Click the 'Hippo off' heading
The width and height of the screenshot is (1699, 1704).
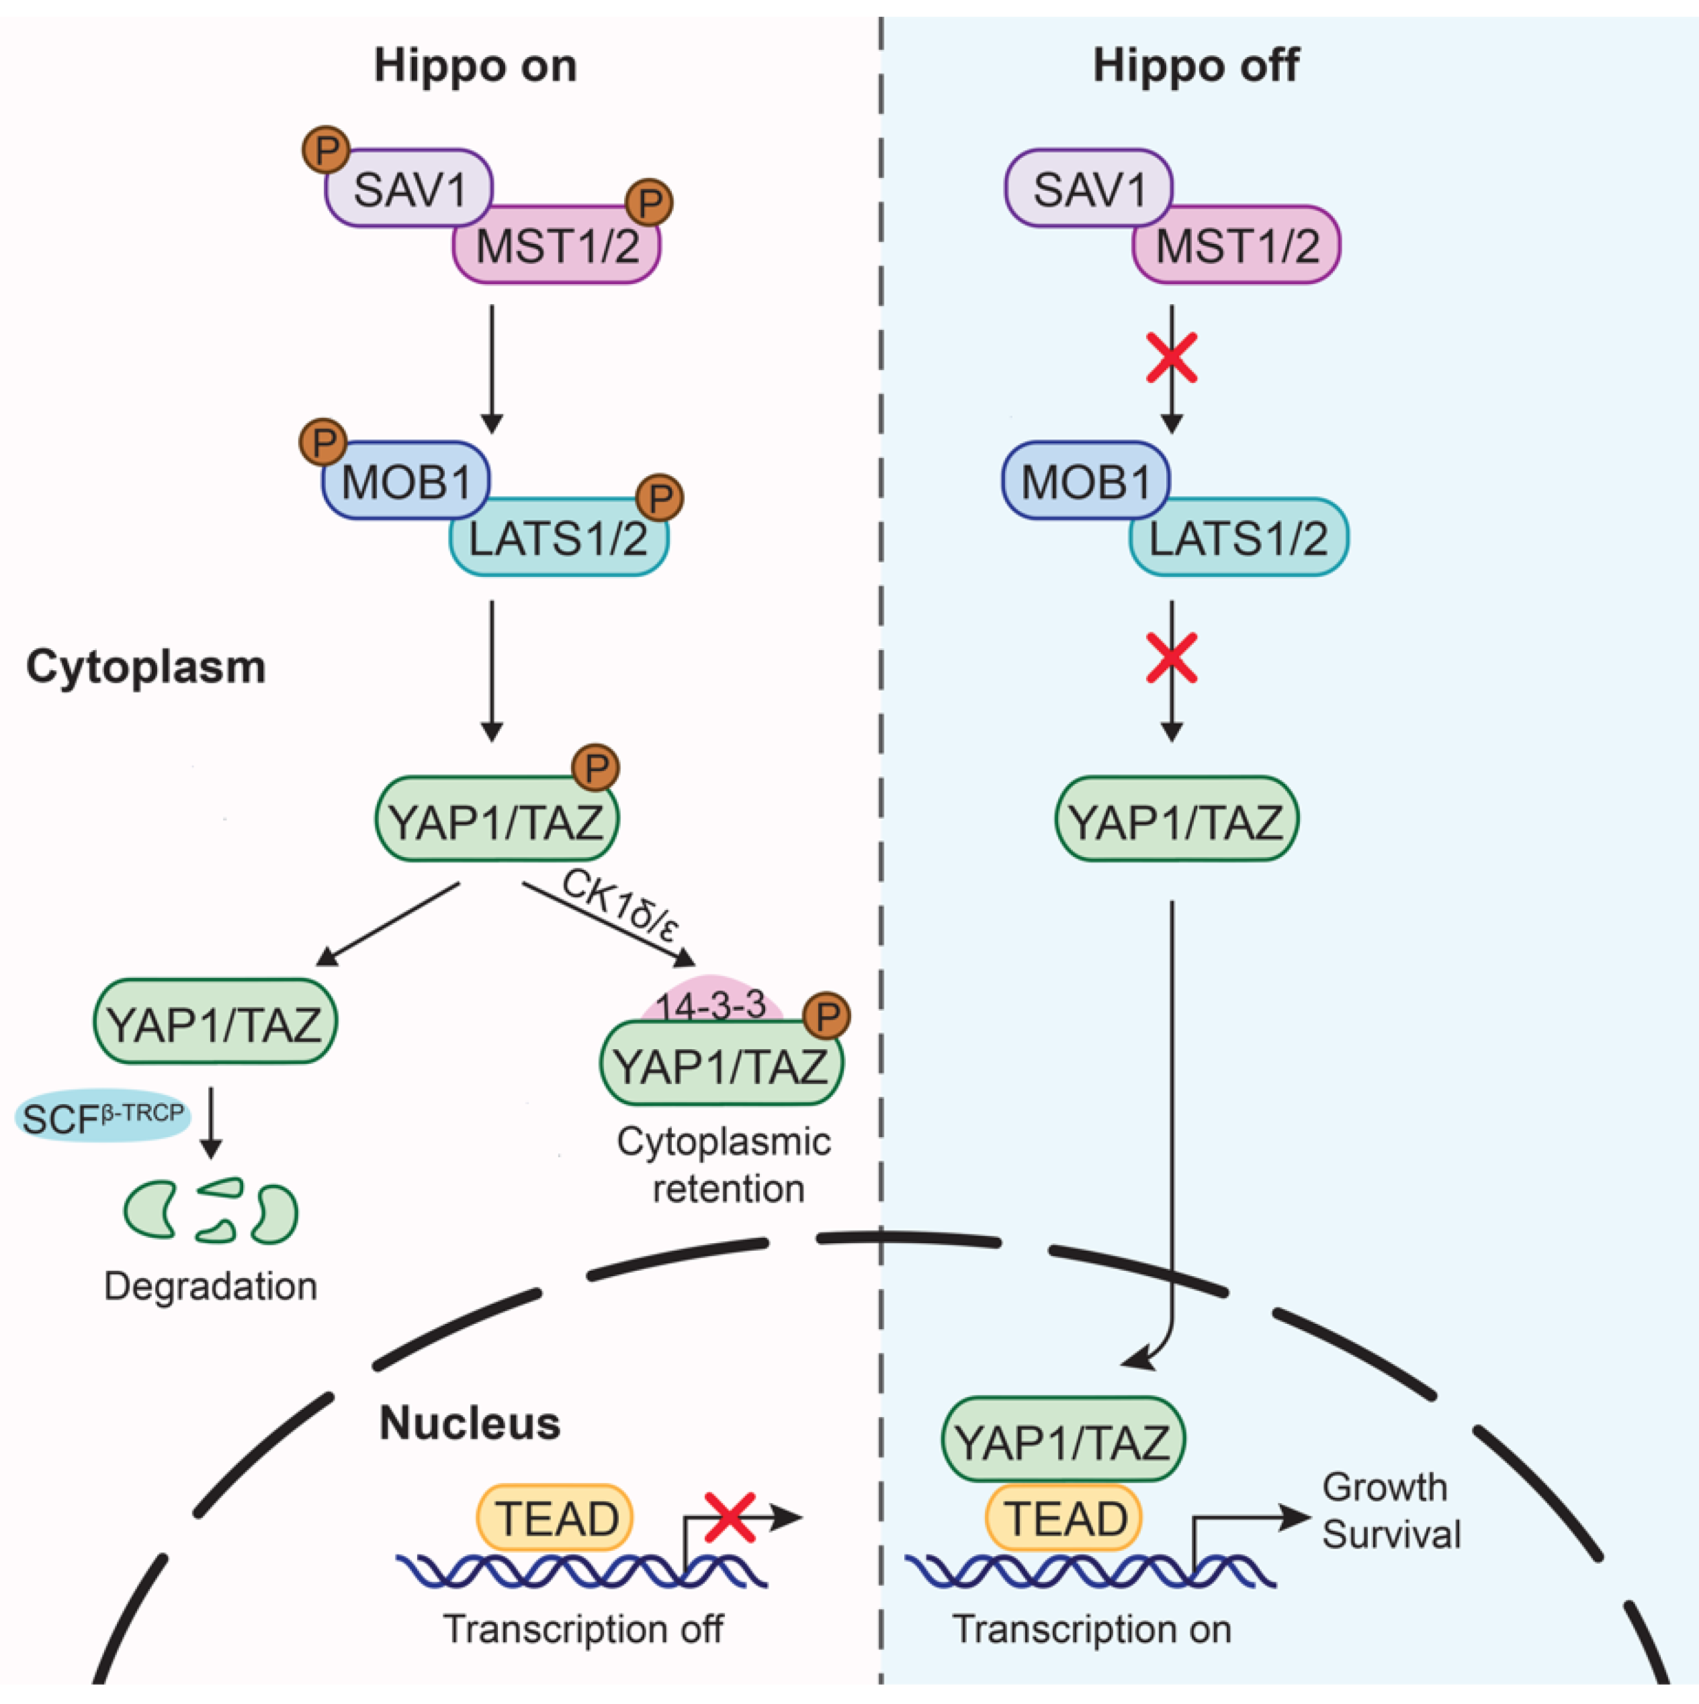tap(1195, 66)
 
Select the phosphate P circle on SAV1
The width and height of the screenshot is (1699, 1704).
tap(326, 150)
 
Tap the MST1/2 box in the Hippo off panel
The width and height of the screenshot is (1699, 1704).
tap(1237, 245)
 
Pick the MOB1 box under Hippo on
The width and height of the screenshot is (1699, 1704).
tap(406, 482)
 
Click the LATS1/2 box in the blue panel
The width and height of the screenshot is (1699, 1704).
tap(1239, 538)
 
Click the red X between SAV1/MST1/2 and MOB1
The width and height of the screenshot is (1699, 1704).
tap(1172, 357)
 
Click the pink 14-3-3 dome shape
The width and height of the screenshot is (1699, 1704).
tap(711, 1002)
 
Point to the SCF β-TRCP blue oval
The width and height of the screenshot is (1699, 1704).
tap(102, 1116)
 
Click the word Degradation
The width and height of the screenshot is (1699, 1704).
tap(210, 1286)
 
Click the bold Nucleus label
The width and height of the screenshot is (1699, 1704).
tap(470, 1423)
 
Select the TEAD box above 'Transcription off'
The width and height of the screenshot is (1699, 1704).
tap(555, 1518)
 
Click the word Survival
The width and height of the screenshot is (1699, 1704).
tap(1391, 1535)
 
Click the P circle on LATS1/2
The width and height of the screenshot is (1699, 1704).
tap(660, 498)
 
